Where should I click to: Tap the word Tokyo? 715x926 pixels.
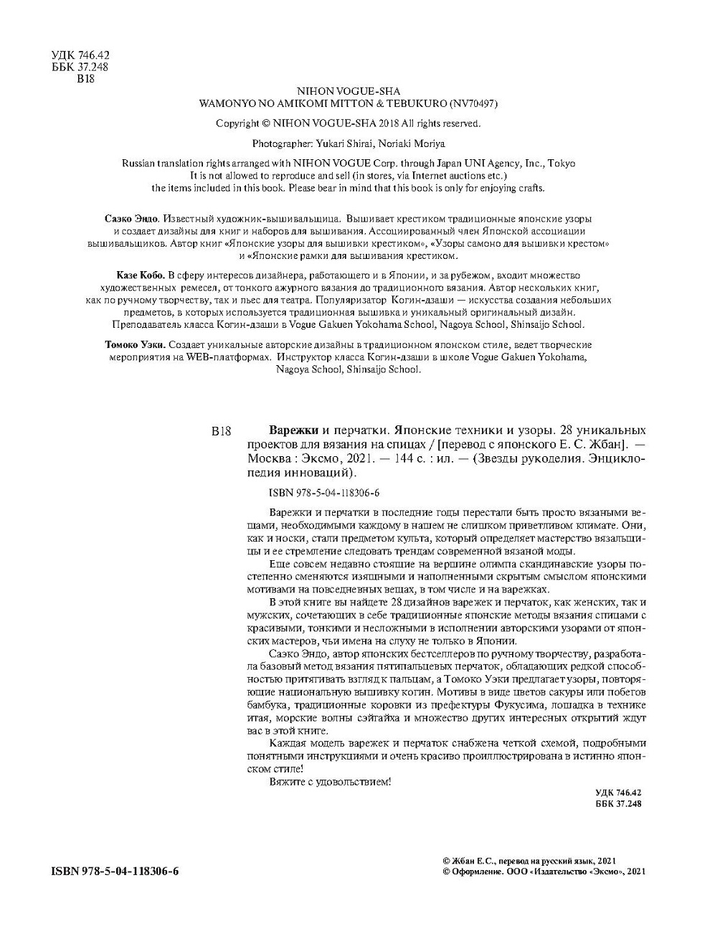click(562, 163)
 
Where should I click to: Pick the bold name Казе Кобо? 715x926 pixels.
click(140, 275)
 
